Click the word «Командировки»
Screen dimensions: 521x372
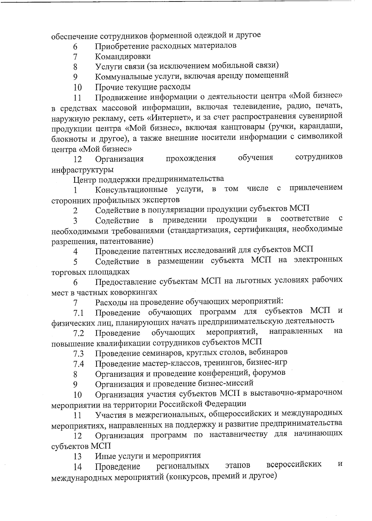pos(123,56)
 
